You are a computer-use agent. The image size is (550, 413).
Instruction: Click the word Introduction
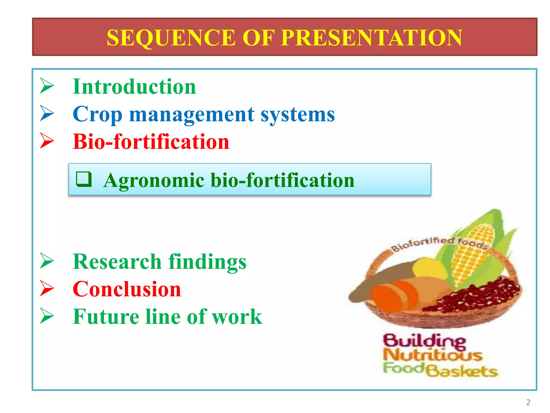134,87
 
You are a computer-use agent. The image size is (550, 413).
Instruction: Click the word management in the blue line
191,115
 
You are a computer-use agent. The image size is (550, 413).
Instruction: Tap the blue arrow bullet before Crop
47,113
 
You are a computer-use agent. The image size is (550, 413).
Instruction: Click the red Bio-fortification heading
151,141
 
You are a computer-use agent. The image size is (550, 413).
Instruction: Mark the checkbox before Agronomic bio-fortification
84,179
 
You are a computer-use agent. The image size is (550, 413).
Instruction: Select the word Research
117,262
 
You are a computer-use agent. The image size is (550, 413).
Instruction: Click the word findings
207,262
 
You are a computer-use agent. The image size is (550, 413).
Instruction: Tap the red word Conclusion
127,289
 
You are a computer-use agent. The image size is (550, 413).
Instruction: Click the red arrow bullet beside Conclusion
47,288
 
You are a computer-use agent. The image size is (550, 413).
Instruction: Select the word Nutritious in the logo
432,355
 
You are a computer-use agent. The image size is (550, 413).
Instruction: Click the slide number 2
528,402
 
